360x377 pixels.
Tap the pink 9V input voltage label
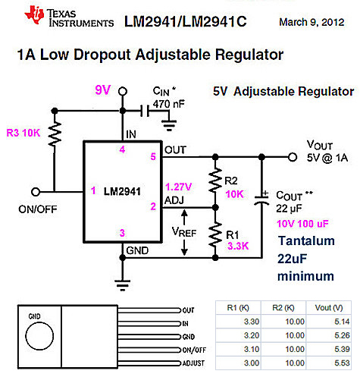coord(103,90)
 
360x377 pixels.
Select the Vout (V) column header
coord(326,308)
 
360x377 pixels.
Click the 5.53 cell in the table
coord(326,365)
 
